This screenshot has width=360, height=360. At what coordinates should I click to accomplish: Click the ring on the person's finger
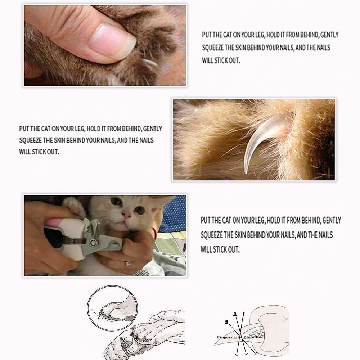point(127,265)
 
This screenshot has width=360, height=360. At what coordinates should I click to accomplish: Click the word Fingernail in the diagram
point(229,337)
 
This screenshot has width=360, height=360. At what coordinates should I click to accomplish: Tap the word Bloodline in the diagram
point(253,337)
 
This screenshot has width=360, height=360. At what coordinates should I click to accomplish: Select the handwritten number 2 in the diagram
point(235,314)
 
